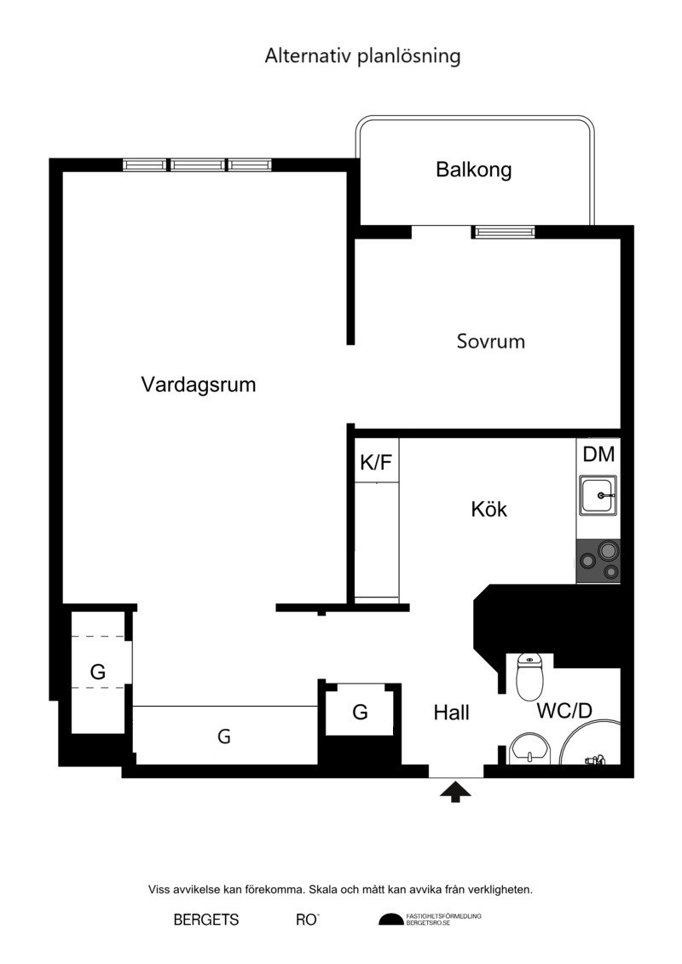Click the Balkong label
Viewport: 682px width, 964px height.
tap(473, 170)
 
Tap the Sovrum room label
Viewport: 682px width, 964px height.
tap(491, 341)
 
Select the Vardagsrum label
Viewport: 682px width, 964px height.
tap(198, 385)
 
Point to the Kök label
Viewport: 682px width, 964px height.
tap(488, 509)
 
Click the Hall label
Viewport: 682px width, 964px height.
tap(451, 713)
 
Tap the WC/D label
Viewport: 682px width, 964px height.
tap(564, 711)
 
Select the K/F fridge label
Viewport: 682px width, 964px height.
tap(376, 462)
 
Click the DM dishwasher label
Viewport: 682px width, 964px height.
tap(598, 454)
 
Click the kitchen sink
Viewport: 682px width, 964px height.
tap(598, 495)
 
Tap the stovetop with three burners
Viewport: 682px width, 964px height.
tap(598, 562)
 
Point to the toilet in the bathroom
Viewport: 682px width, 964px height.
tap(529, 677)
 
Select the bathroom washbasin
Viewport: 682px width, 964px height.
tap(529, 748)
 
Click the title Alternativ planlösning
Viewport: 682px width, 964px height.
tap(362, 56)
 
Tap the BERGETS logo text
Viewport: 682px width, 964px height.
tap(206, 920)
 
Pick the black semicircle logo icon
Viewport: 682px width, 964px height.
tap(390, 920)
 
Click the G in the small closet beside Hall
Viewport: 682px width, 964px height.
tap(360, 713)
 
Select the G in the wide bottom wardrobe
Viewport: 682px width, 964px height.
tap(224, 736)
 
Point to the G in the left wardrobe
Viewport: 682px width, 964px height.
tap(98, 672)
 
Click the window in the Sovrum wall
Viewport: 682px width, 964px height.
tap(503, 232)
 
